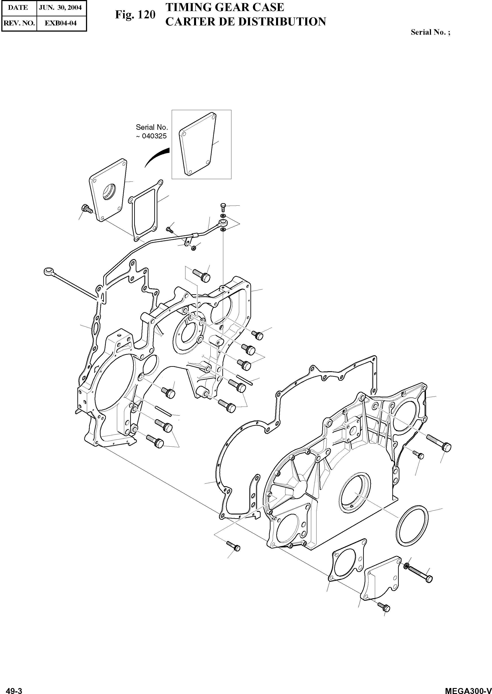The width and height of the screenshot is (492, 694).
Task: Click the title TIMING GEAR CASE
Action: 225,7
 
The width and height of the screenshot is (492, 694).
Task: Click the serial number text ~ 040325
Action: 151,136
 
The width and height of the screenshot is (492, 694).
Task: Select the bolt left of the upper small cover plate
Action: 87,208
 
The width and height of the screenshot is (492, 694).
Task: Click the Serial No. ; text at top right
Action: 430,32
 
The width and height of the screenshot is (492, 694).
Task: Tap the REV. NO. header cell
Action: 19,23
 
